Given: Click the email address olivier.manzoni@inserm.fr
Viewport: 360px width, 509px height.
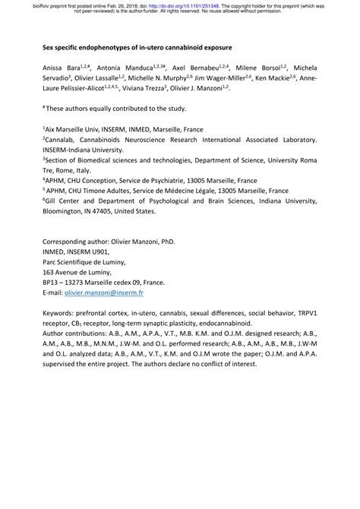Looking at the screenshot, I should click(104, 292).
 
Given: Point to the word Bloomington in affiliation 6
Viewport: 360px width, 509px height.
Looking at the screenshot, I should click(67, 212).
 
